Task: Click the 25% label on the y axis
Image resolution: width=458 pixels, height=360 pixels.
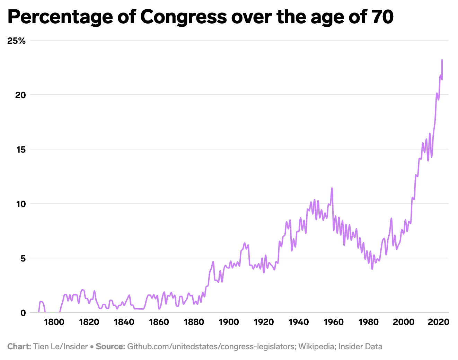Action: (17, 41)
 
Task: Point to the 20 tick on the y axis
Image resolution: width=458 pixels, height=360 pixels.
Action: (21, 95)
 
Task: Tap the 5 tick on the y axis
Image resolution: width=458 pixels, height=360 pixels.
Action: (23, 258)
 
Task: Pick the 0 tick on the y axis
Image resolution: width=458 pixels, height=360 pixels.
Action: (23, 313)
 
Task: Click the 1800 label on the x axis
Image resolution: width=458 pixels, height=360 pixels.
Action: (54, 322)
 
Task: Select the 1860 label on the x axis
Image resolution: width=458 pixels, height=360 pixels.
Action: (159, 322)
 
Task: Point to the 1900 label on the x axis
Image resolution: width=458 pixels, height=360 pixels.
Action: (229, 322)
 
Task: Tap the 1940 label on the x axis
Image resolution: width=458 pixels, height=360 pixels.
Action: (299, 322)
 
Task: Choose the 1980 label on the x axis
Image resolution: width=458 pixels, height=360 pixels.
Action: (369, 322)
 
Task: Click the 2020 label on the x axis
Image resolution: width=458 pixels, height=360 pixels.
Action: (439, 322)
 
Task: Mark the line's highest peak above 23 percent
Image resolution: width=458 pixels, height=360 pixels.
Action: (442, 60)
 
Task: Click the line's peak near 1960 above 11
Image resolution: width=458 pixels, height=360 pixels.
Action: (332, 188)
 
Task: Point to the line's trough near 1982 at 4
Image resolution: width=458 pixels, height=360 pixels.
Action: (372, 269)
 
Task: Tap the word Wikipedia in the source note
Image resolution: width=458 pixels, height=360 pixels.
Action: (317, 346)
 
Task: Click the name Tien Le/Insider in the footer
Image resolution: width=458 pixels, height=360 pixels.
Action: (60, 346)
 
